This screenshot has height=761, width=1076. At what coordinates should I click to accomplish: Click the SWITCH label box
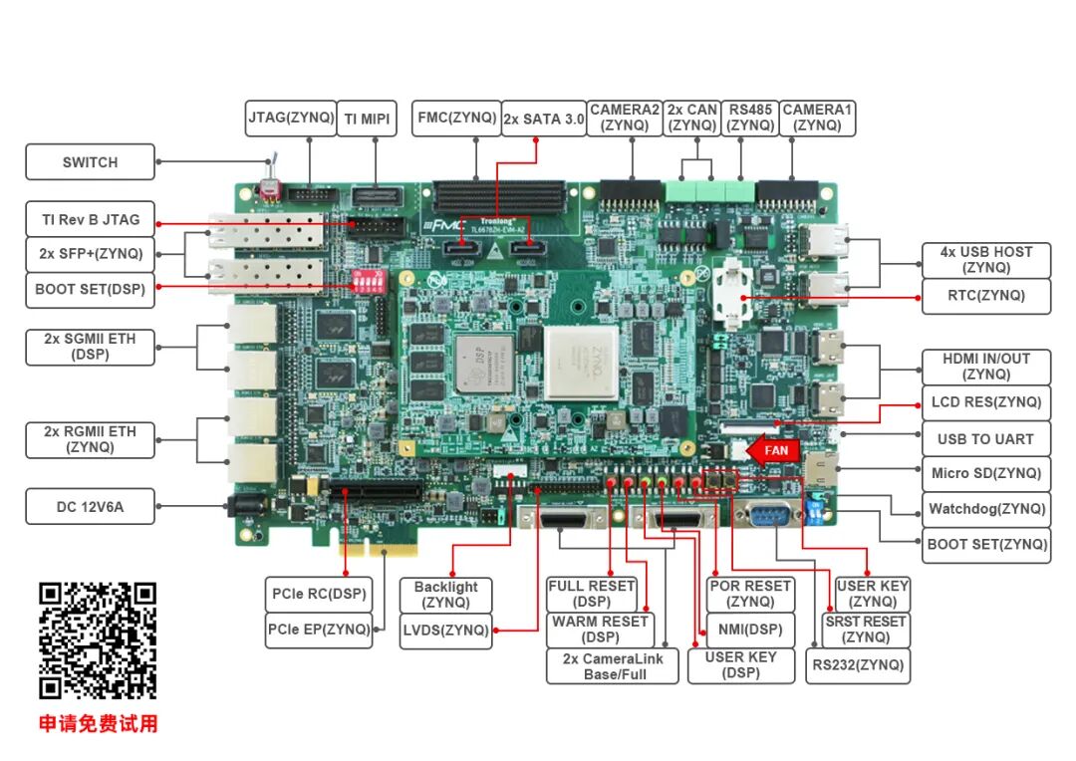point(90,162)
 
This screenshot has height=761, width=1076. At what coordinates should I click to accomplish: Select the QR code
point(98,640)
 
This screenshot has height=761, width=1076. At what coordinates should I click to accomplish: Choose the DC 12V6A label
point(90,507)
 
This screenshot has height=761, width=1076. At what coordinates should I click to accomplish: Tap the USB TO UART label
point(985,438)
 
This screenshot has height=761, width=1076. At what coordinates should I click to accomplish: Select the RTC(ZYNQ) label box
point(985,295)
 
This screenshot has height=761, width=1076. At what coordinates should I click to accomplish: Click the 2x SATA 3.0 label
point(543,119)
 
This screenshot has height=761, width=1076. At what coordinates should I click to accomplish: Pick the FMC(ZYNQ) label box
point(457,118)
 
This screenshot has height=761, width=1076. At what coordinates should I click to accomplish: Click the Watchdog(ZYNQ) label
point(986,509)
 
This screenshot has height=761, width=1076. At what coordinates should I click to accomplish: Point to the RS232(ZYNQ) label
point(858,665)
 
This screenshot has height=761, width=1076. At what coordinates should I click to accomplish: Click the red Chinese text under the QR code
point(98,724)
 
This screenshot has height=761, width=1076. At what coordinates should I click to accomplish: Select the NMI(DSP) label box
point(750,630)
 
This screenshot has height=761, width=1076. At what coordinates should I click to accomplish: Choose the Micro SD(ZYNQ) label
point(985,473)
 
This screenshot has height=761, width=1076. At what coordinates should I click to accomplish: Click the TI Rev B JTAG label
point(90,219)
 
